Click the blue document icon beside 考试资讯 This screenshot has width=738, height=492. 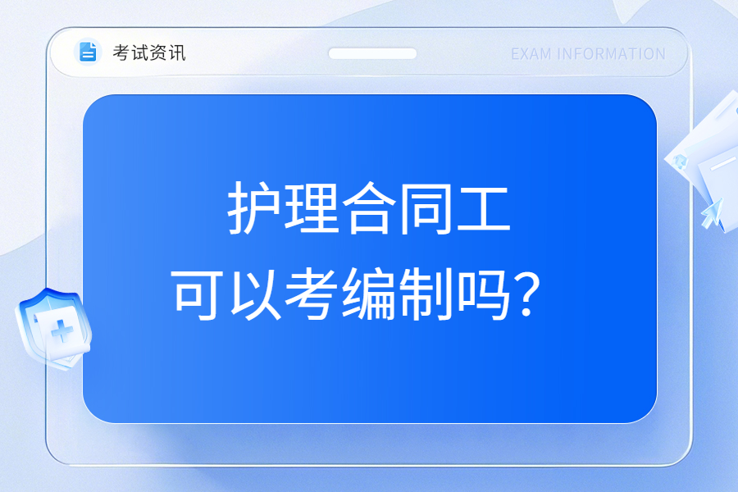pyautogui.click(x=88, y=52)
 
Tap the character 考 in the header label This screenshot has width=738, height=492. pyautogui.click(x=121, y=52)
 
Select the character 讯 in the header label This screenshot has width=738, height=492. pyautogui.click(x=177, y=52)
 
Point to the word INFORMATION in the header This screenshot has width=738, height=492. pyautogui.click(x=611, y=54)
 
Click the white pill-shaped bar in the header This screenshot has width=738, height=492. pyautogui.click(x=372, y=53)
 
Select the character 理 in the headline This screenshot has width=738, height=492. pyautogui.click(x=312, y=207)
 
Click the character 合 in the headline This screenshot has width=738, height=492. pyautogui.click(x=369, y=207)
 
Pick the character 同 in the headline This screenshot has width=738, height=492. pyautogui.click(x=426, y=208)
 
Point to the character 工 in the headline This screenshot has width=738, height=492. pyautogui.click(x=484, y=208)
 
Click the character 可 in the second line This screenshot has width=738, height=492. pyautogui.click(x=197, y=294)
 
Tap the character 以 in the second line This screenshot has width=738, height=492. pyautogui.click(x=255, y=294)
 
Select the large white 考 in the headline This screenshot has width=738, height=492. pyautogui.click(x=312, y=294)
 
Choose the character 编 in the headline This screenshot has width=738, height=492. pyautogui.click(x=369, y=294)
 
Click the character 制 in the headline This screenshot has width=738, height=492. pyautogui.click(x=426, y=294)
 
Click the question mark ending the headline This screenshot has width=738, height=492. pyautogui.click(x=527, y=294)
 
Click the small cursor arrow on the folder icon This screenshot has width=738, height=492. pyautogui.click(x=712, y=213)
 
